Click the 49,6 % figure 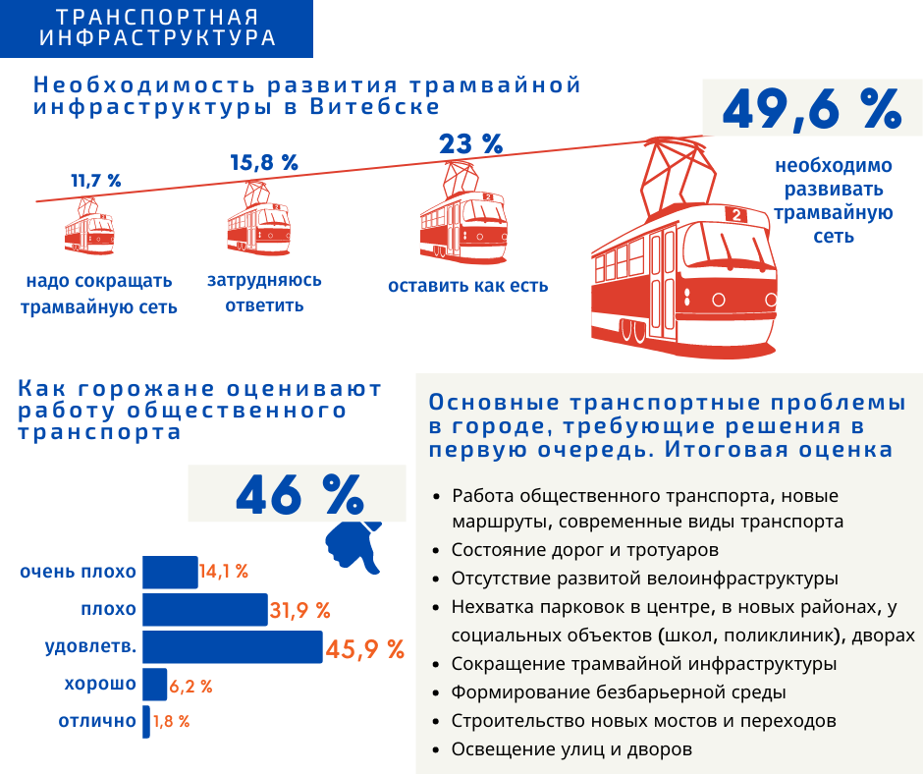(x=812, y=109)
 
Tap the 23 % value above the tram (x=471, y=143)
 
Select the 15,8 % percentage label (x=264, y=163)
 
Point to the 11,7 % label (x=96, y=181)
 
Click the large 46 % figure (x=299, y=494)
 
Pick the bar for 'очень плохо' (x=170, y=572)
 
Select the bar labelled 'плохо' (x=205, y=609)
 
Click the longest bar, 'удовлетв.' (x=233, y=646)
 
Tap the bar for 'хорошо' (x=155, y=685)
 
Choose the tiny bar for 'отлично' (x=146, y=722)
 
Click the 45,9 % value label (x=365, y=649)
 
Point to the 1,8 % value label (x=171, y=722)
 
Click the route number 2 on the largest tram (x=736, y=215)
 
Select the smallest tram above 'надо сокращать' (x=89, y=226)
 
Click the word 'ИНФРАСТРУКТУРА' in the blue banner (x=158, y=37)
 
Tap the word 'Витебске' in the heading (x=375, y=107)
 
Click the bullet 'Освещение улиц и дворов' (x=571, y=749)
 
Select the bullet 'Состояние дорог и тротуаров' (x=585, y=550)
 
